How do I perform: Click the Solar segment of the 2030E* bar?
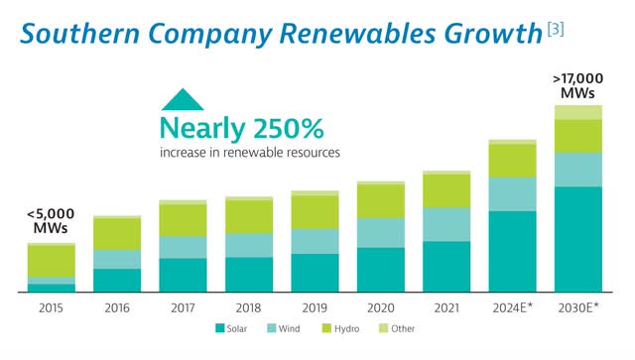577,239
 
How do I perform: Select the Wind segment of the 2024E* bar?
512,193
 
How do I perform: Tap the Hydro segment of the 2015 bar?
51,260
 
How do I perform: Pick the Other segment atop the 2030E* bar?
577,112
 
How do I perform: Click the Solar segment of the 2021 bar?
446,266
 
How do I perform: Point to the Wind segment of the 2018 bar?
249,245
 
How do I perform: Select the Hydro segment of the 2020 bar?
381,201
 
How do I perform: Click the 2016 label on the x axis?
117,307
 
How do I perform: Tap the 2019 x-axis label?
315,307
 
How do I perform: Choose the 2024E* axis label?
513,307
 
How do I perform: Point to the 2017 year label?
183,307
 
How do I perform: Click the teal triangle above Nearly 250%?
184,99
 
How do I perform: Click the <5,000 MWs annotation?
51,222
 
